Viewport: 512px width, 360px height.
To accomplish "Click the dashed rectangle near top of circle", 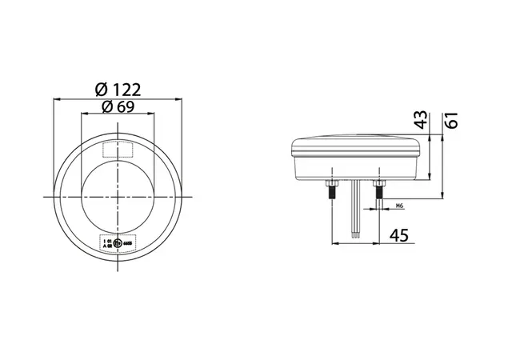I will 118,147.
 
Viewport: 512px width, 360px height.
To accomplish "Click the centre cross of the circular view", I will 118,197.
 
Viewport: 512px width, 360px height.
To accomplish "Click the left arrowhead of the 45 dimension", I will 331,242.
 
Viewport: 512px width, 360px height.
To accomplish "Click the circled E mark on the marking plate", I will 117,243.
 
